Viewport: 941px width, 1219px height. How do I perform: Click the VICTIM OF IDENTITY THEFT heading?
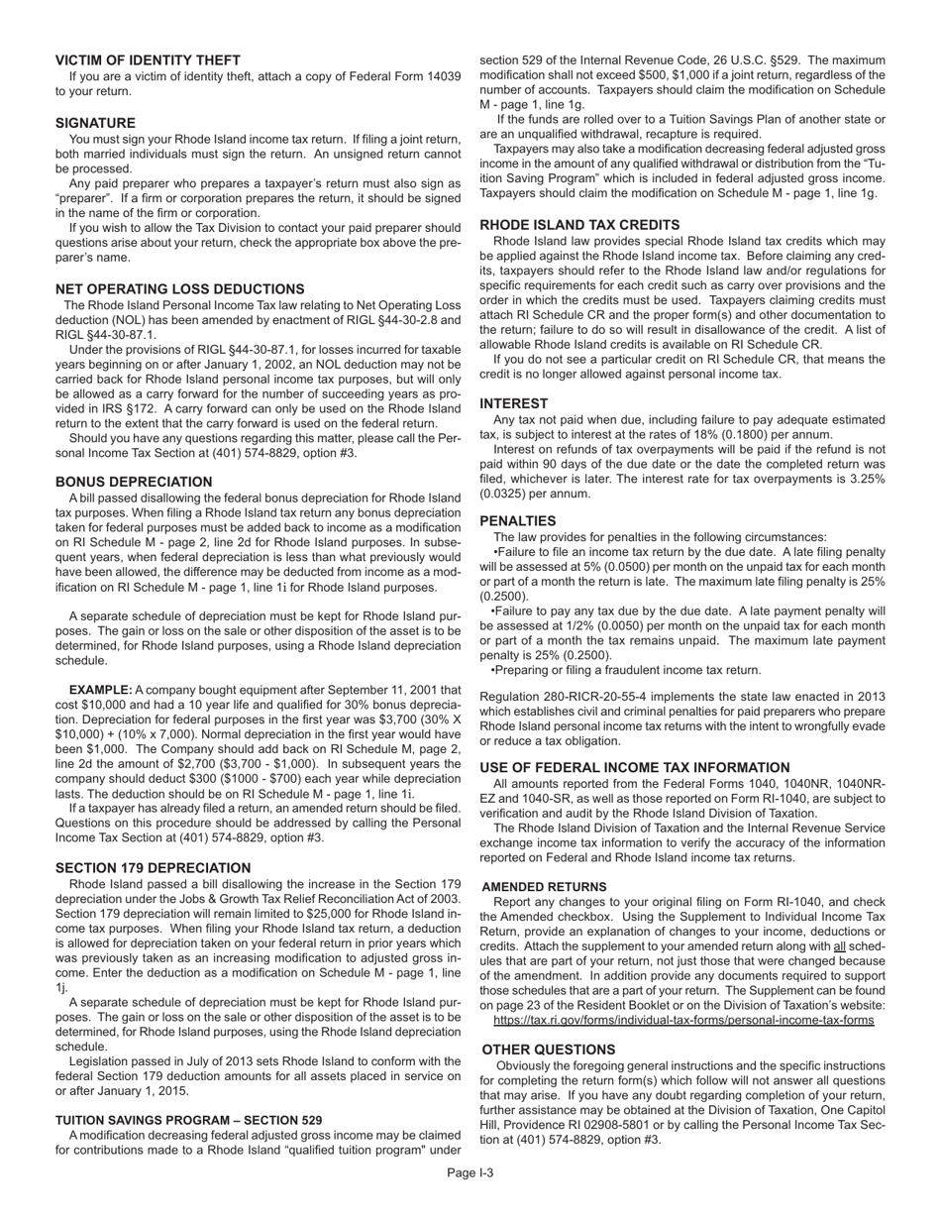(148, 60)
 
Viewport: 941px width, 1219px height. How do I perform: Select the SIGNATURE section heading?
(95, 123)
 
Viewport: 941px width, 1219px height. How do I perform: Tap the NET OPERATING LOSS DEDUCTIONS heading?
(179, 289)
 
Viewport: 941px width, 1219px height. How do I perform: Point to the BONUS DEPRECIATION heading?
(134, 482)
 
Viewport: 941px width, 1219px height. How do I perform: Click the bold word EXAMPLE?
(100, 690)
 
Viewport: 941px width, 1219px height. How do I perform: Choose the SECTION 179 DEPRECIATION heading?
(153, 868)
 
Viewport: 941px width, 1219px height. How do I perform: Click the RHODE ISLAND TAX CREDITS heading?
(579, 225)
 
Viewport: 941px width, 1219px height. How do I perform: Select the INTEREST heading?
(513, 403)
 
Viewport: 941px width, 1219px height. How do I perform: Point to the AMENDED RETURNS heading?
(544, 886)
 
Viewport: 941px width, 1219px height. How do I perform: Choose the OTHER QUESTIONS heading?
(548, 1050)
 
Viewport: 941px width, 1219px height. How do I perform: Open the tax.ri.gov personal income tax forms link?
(683, 1020)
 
